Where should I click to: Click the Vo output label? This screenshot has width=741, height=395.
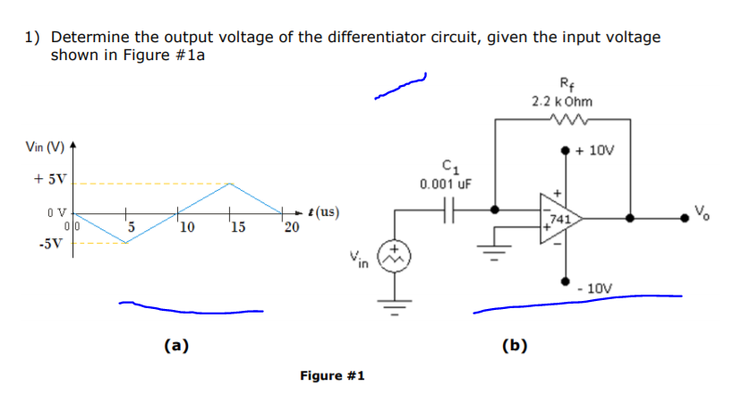[703, 213]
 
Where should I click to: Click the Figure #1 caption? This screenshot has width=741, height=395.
[332, 374]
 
